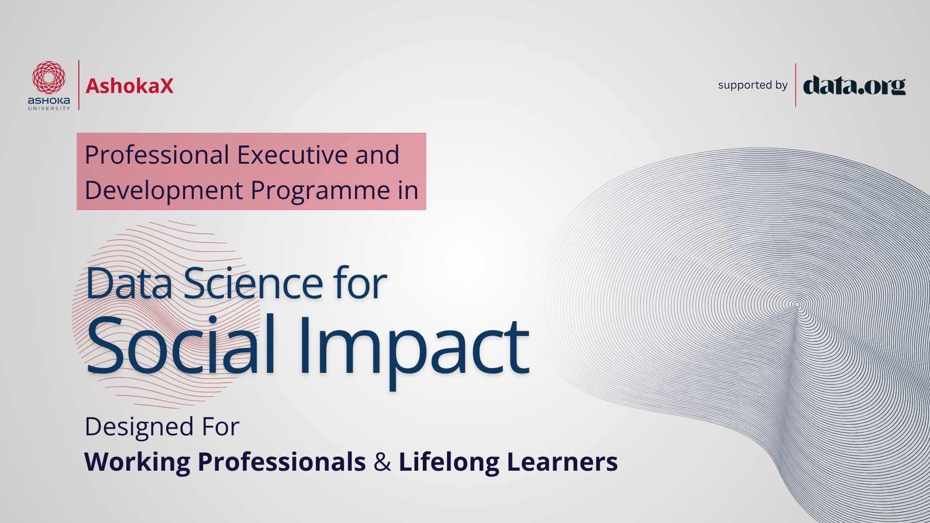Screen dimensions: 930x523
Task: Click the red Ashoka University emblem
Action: [x=48, y=77]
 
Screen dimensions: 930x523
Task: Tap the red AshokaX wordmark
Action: [x=129, y=86]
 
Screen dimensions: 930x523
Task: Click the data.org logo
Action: [x=854, y=86]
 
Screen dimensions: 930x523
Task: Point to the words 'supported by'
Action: [x=753, y=85]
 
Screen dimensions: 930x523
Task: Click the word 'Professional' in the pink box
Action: [x=157, y=156]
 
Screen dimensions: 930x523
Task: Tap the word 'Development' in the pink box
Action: [x=164, y=191]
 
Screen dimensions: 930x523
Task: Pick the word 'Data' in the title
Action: [x=129, y=283]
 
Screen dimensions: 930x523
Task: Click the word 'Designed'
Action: [x=139, y=427]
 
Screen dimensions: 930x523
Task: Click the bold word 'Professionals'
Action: [x=282, y=461]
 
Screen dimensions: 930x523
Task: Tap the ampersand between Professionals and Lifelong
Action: [x=382, y=462]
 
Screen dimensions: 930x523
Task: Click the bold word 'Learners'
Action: [x=562, y=461]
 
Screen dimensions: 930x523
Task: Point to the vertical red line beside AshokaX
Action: [x=79, y=85]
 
